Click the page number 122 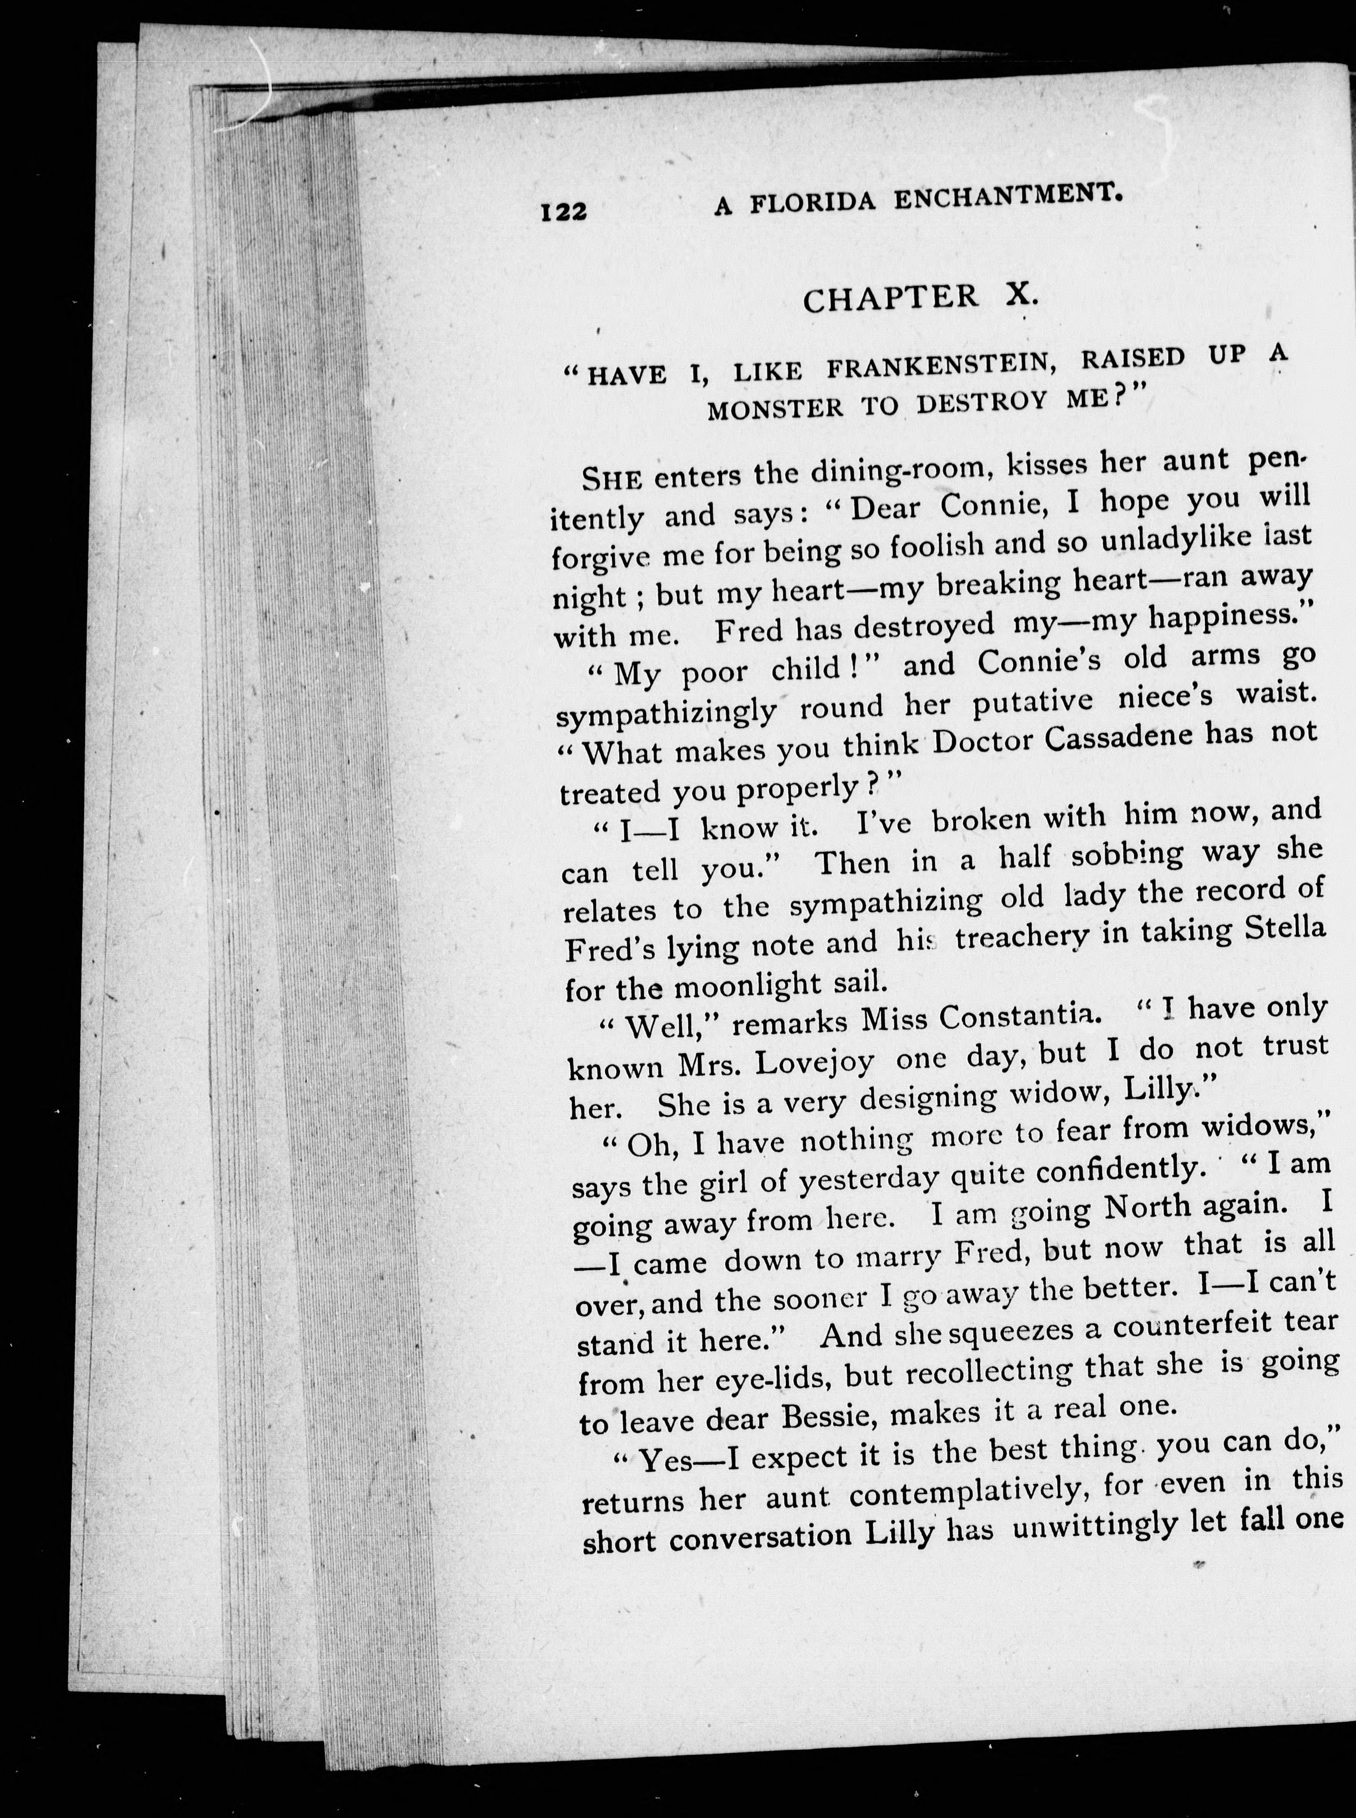(564, 212)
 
